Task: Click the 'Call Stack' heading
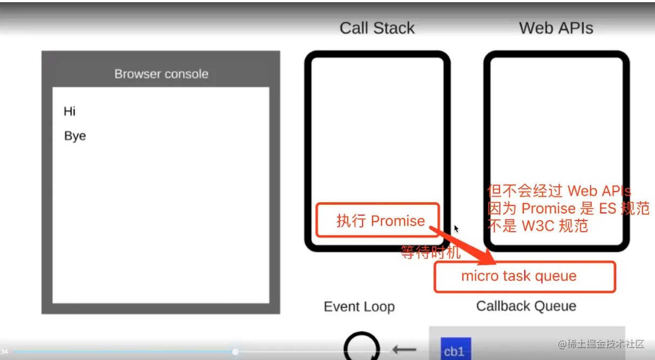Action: pyautogui.click(x=377, y=29)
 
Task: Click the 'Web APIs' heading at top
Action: pyautogui.click(x=556, y=29)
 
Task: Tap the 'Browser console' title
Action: pyautogui.click(x=161, y=74)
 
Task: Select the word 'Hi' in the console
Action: pyautogui.click(x=70, y=111)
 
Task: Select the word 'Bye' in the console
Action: pyautogui.click(x=75, y=136)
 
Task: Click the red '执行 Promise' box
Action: pyautogui.click(x=377, y=220)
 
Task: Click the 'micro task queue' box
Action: pyautogui.click(x=525, y=276)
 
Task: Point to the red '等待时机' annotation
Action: pyautogui.click(x=430, y=252)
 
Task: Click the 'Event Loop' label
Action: pyautogui.click(x=360, y=307)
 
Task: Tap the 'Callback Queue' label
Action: pyautogui.click(x=526, y=306)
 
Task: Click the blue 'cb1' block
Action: pyautogui.click(x=456, y=349)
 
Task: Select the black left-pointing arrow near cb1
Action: pyautogui.click(x=404, y=349)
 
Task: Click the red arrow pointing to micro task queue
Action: pyautogui.click(x=462, y=245)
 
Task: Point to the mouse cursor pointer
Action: pyautogui.click(x=456, y=229)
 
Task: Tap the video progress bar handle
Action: pyautogui.click(x=235, y=352)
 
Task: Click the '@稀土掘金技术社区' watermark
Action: pyautogui.click(x=601, y=344)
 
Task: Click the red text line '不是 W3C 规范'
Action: pyautogui.click(x=537, y=226)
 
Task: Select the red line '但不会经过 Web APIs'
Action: pyautogui.click(x=559, y=191)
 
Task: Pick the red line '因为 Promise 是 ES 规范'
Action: pyautogui.click(x=569, y=208)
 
